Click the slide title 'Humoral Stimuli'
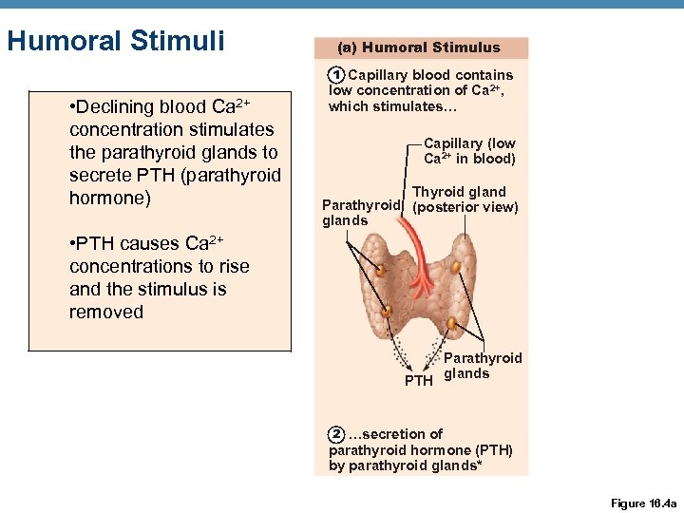(115, 42)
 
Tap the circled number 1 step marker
(334, 75)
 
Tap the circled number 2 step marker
(335, 434)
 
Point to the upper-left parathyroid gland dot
(380, 271)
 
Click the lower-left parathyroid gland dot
(387, 311)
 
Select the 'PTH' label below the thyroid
(418, 381)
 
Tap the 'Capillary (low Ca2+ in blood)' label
(469, 151)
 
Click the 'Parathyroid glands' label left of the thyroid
(361, 213)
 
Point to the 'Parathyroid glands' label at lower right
(482, 366)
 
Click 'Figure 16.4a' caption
(643, 503)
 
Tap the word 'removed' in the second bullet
(106, 313)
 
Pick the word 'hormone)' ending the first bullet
(106, 199)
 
